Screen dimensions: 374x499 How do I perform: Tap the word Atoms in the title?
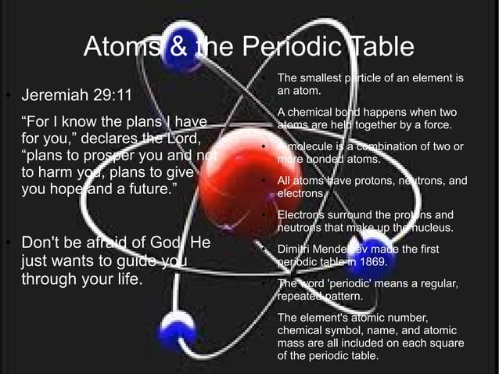click(x=120, y=47)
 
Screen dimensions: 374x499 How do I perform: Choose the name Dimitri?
click(x=297, y=249)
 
